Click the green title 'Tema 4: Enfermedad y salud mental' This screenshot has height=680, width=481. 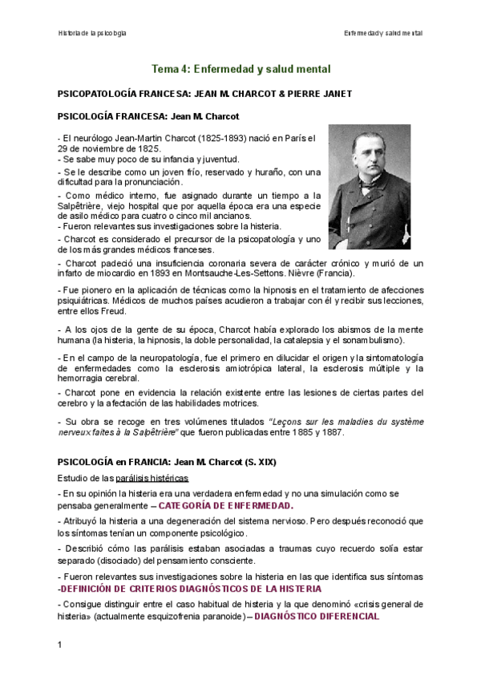point(241,70)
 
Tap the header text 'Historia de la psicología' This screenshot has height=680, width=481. point(92,33)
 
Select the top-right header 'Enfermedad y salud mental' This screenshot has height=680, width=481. point(382,33)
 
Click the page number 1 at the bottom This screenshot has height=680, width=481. point(60,645)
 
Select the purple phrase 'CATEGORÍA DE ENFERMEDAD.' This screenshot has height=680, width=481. point(225,506)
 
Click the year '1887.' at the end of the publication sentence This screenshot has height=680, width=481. point(331,432)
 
